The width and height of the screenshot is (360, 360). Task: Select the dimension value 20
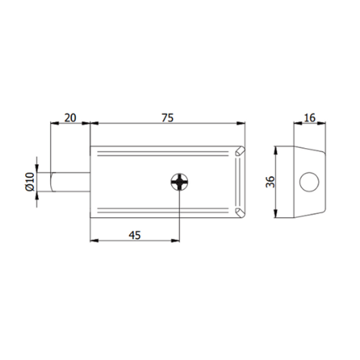(70, 118)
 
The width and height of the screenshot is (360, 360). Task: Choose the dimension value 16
(310, 118)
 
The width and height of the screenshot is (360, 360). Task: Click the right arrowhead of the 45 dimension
(177, 241)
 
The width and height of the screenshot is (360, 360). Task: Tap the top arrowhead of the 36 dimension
(275, 149)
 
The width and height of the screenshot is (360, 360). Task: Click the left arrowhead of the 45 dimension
(94, 241)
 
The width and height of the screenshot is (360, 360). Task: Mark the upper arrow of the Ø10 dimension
(37, 169)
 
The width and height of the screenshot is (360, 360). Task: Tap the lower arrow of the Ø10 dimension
(37, 196)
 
